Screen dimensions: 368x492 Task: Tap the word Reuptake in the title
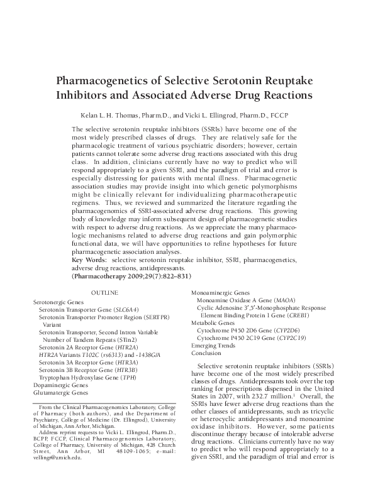pos(283,82)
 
